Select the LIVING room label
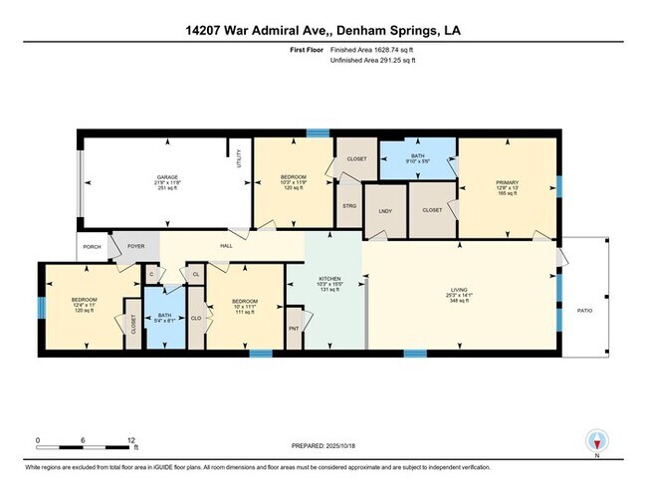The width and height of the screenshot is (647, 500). coord(459,289)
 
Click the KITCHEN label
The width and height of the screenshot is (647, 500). coord(328,279)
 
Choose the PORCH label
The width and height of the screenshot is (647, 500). coord(92,248)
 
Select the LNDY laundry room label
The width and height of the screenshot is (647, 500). coord(384,210)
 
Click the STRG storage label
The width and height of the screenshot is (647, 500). coord(348,206)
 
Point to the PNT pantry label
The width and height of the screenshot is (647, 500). coord(294,327)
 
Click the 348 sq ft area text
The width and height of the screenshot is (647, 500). coord(459,302)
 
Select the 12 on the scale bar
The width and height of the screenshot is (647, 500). coord(131,439)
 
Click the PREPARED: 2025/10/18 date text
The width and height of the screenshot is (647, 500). coord(323,445)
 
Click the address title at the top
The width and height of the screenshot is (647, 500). coord(323,30)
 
